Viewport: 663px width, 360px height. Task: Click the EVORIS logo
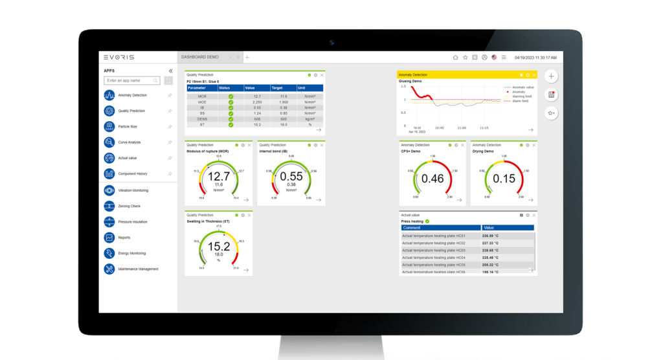click(119, 57)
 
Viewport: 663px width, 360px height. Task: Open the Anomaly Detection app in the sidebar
click(132, 95)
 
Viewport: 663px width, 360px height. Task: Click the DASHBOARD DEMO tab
click(200, 57)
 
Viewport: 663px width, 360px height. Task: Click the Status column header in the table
click(225, 88)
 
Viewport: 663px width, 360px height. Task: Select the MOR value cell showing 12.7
click(257, 96)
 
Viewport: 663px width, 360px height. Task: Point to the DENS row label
click(202, 119)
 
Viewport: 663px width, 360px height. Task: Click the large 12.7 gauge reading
click(219, 177)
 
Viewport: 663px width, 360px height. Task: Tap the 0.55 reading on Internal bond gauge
click(291, 177)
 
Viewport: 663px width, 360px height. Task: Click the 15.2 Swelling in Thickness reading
click(219, 247)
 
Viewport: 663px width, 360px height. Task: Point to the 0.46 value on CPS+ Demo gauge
click(433, 179)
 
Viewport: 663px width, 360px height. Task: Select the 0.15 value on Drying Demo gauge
click(504, 179)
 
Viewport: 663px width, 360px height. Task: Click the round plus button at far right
click(551, 76)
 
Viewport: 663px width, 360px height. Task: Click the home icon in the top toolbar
click(455, 57)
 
